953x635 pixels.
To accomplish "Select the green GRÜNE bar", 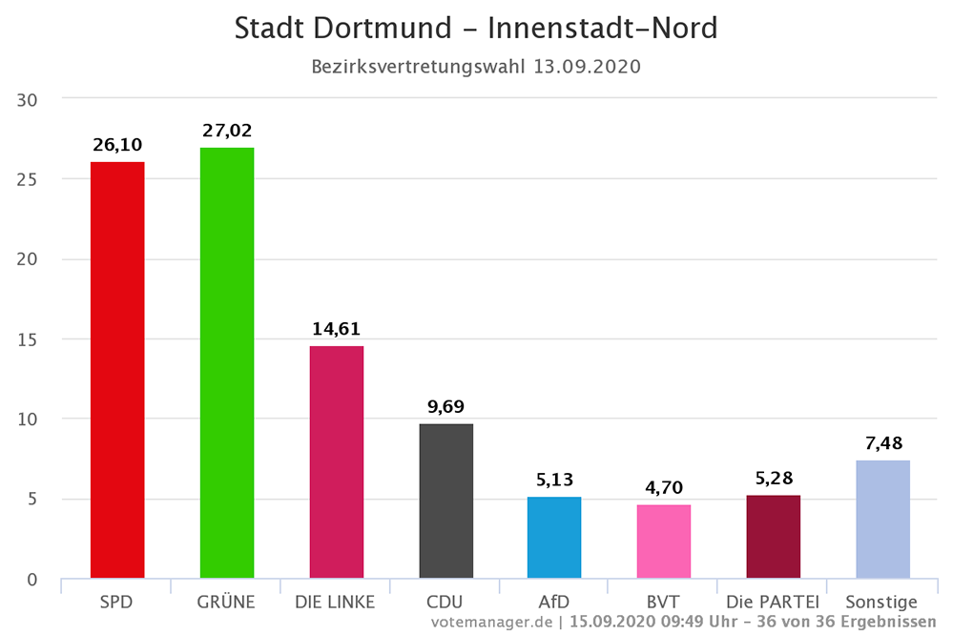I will [227, 363].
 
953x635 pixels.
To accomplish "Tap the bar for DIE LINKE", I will [337, 461].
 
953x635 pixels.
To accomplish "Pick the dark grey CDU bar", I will [445, 501].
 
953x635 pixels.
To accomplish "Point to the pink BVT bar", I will [664, 541].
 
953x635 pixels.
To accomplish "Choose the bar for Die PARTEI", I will [773, 536].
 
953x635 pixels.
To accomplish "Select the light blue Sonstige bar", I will [882, 519].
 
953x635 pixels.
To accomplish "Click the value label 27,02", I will [227, 131].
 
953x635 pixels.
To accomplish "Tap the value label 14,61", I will [337, 329].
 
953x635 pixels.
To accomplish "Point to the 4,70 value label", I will [664, 488].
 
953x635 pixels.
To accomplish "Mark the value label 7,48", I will [882, 443].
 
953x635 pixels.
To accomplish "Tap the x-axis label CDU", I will [445, 602].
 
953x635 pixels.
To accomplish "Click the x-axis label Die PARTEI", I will [773, 602].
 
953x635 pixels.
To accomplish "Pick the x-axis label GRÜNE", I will [227, 602].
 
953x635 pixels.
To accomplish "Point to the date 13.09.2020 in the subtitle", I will [587, 67].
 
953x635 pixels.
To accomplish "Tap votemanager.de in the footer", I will [491, 622].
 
